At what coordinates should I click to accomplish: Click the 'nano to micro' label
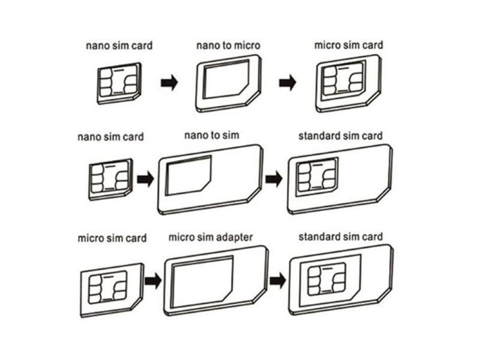229,46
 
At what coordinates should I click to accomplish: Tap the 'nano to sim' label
212,136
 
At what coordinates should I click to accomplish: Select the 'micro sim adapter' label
211,237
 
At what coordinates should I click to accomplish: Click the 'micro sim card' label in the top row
349,45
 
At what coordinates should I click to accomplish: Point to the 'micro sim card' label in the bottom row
112,238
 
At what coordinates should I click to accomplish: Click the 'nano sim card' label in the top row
119,46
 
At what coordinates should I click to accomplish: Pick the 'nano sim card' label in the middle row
110,137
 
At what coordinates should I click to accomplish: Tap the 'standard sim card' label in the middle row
340,136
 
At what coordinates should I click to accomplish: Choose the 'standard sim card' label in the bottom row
340,236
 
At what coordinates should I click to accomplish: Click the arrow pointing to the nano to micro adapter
169,82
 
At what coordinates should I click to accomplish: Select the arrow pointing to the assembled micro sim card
288,82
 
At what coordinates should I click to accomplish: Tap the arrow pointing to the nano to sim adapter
145,179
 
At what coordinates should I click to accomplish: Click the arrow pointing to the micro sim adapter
153,280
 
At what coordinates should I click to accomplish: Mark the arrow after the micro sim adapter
278,280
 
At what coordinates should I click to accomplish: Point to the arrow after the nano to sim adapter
274,179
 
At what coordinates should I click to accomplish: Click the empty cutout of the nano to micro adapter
226,79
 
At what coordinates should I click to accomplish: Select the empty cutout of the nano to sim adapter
188,175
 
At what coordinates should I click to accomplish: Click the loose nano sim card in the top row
119,83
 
